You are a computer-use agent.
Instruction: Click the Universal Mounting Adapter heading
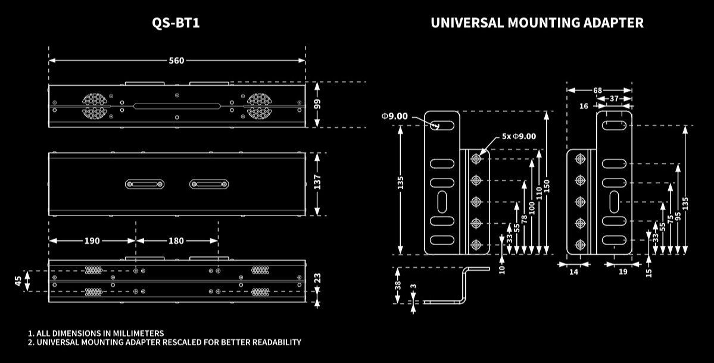537,23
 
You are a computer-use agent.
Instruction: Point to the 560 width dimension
176,60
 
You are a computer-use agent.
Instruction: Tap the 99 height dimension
317,104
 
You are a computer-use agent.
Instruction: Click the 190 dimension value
92,241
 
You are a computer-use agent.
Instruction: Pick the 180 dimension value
176,241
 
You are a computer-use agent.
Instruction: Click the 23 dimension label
317,278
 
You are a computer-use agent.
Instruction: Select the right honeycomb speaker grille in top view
258,105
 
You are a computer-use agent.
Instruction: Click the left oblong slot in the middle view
145,184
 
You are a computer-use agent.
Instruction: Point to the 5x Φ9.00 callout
519,136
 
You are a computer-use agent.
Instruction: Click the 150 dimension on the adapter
547,186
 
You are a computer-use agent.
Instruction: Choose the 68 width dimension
597,90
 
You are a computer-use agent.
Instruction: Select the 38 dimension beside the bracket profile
398,285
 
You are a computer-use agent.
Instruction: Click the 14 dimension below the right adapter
573,272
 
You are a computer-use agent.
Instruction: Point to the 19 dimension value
622,272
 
